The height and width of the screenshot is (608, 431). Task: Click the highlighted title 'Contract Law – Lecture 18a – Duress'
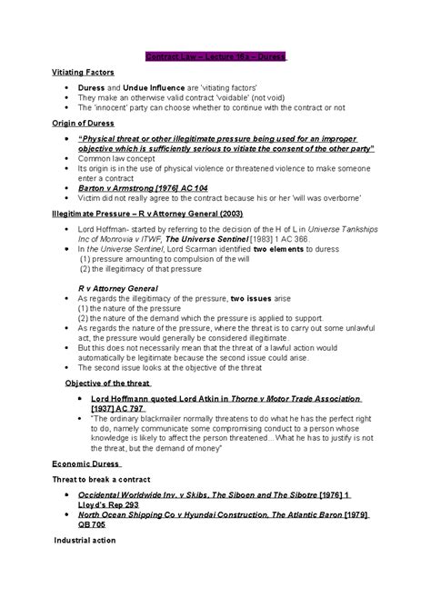coord(215,56)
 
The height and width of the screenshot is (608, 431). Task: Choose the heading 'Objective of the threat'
coord(107,383)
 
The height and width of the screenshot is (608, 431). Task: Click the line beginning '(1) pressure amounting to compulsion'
coord(145,259)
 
